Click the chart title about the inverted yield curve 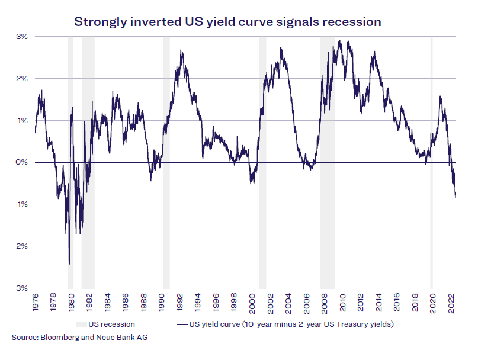point(227,22)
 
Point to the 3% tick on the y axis point(22,37)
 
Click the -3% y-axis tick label point(21,288)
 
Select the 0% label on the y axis point(22,162)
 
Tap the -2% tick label point(21,246)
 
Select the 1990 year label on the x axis point(162,303)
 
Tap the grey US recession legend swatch point(80,324)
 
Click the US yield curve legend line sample point(182,324)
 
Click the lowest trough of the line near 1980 point(69,263)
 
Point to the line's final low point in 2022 point(455,197)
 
